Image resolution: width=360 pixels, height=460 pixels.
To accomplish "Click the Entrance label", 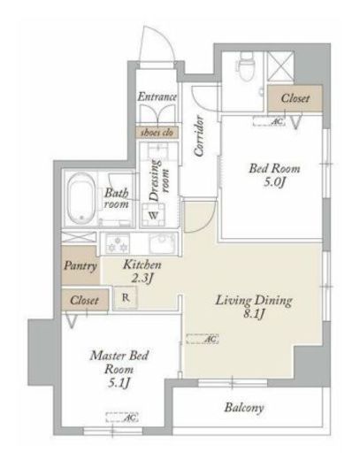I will click(157, 96).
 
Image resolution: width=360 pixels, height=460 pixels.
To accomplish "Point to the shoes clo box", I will click(157, 133).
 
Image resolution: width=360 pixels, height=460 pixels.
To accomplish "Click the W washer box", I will click(154, 213).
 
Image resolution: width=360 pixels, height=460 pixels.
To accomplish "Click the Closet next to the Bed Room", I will click(289, 98).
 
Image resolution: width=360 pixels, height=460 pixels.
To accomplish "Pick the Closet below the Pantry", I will click(82, 300).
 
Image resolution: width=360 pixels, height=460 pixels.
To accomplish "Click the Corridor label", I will click(200, 134).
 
